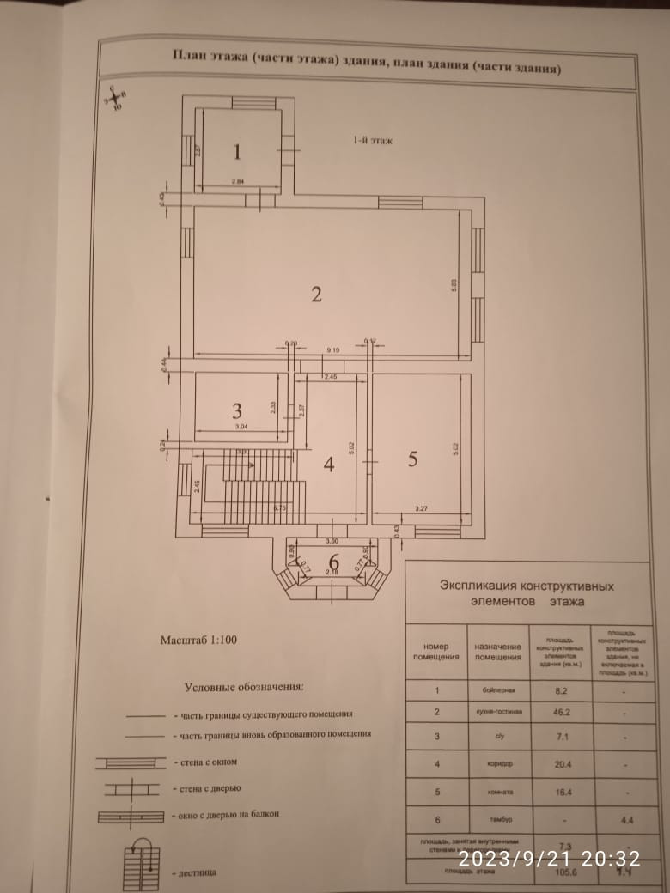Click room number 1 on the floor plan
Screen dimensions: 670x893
click(238, 152)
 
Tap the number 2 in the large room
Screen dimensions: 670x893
click(316, 295)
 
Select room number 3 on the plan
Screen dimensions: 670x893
click(237, 410)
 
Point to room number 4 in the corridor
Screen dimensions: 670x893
click(328, 464)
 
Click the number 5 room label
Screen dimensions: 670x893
click(412, 459)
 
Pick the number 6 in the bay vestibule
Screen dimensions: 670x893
click(333, 563)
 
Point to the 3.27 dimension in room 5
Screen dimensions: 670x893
click(423, 508)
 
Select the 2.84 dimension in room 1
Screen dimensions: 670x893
click(238, 182)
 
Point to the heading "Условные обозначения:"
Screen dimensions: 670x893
click(244, 687)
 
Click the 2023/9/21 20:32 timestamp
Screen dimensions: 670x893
click(549, 858)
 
